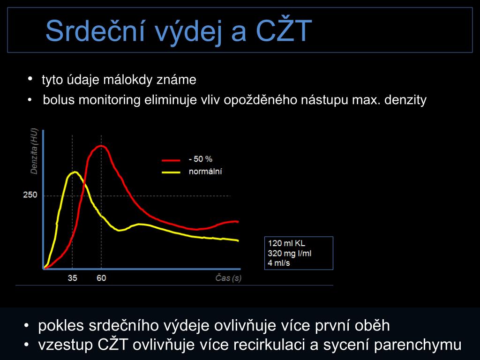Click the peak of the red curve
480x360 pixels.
pos(101,146)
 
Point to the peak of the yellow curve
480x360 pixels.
pos(75,172)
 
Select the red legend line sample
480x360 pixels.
pos(171,160)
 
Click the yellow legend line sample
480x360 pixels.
pos(171,172)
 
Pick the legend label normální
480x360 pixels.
pos(205,172)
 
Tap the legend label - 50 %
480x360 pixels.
pos(201,159)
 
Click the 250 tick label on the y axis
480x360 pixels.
pos(30,195)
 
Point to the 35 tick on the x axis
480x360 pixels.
pos(72,278)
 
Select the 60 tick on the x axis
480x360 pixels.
pos(101,278)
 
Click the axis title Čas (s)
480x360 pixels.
pos(228,278)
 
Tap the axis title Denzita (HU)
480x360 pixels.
pos(34,151)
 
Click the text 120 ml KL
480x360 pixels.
pos(286,243)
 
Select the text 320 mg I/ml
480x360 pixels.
pos(290,254)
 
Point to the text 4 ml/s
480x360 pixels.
pos(279,263)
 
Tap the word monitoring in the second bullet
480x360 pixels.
pos(110,100)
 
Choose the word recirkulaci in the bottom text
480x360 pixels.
pos(270,345)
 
